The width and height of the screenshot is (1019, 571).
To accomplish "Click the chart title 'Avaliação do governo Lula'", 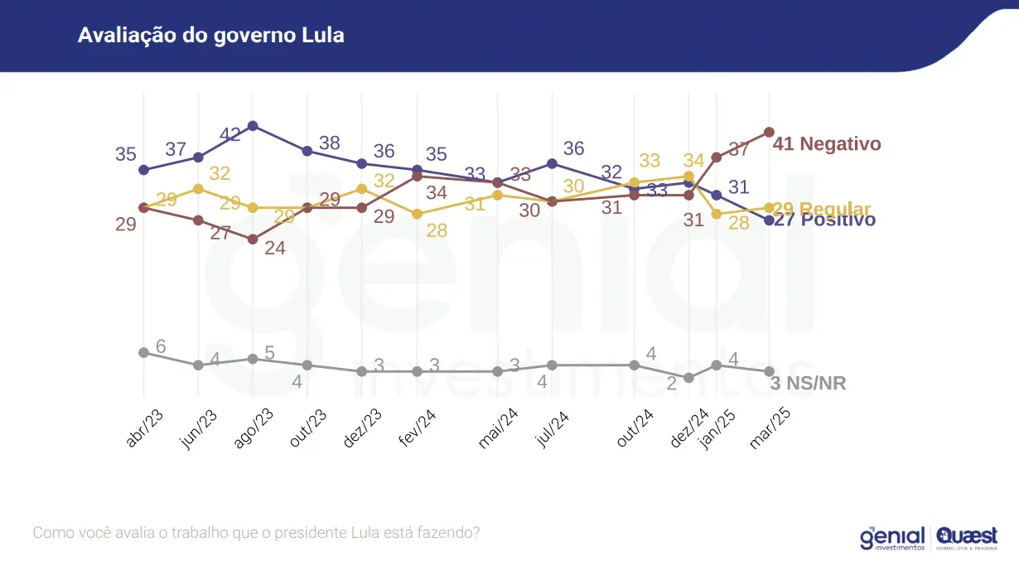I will [210, 36].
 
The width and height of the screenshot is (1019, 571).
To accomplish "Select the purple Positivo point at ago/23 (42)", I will [253, 126].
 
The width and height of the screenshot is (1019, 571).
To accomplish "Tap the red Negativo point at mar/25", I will [769, 132].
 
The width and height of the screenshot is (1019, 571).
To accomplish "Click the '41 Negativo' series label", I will [827, 144].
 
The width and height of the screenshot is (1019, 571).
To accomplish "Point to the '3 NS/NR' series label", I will [808, 384].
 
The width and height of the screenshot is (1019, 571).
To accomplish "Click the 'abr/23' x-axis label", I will [144, 428].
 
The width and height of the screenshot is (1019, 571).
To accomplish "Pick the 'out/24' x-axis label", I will [635, 428].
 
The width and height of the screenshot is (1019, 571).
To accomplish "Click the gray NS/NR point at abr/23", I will [143, 352].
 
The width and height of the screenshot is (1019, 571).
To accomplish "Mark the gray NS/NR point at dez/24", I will [688, 378].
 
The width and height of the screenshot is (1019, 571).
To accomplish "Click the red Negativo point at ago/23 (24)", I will [253, 239].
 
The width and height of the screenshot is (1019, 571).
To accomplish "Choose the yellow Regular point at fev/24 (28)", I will [417, 214].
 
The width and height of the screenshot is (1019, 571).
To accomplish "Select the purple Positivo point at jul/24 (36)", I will [552, 163].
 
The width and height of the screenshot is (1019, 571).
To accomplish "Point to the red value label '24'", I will [274, 248].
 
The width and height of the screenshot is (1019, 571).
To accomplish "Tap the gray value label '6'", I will [161, 346].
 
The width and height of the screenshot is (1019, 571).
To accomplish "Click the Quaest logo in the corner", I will [967, 538].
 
